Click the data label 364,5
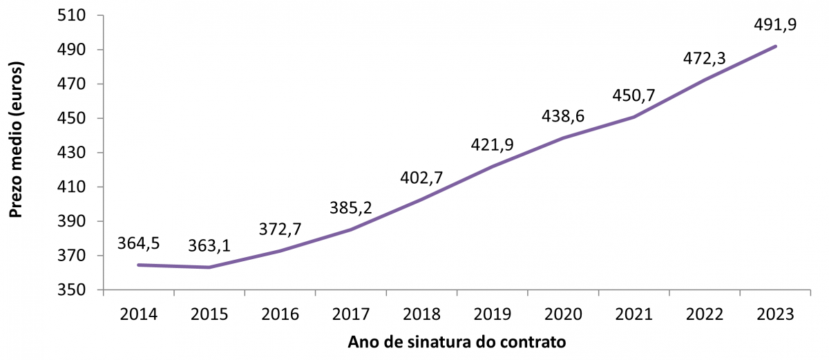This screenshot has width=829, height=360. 140,243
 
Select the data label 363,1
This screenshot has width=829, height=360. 210,246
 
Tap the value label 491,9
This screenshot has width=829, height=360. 774,25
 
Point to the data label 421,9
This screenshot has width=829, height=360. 493,144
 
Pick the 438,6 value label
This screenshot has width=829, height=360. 563,116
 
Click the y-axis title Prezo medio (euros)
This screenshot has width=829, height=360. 17,140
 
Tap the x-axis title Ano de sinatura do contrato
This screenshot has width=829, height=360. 457,343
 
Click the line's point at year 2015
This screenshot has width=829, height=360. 209,267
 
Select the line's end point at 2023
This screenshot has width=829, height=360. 776,46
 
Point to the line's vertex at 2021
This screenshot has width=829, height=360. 633,117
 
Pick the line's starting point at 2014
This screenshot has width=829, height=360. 138,265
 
